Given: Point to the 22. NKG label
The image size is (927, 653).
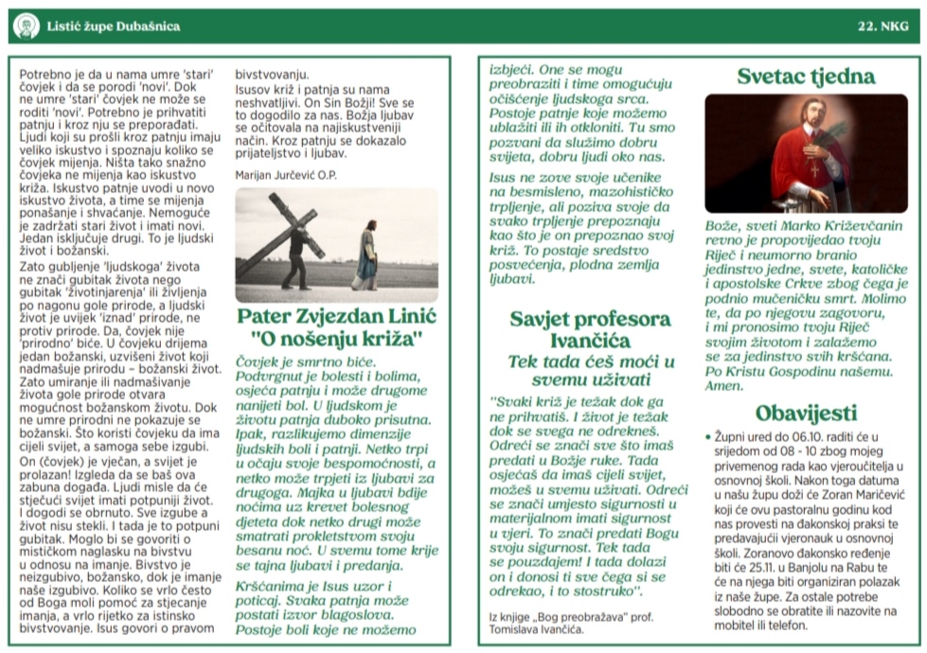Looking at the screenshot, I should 882,26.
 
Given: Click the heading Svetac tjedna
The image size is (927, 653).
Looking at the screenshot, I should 806,77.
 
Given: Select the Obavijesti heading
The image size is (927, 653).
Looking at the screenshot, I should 806,413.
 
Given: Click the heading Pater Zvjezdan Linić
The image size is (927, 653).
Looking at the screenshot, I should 335,316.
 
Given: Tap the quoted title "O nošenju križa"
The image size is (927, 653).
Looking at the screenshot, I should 335,338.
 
